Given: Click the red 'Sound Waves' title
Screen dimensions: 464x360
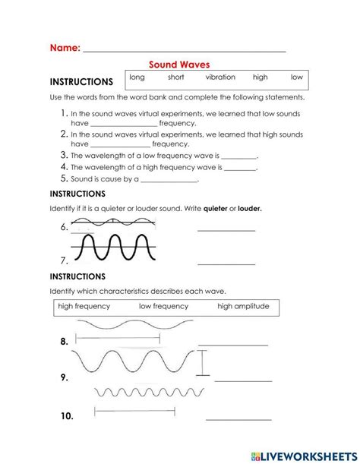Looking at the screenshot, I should click(x=178, y=65).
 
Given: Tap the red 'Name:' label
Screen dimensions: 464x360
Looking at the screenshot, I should click(x=65, y=47).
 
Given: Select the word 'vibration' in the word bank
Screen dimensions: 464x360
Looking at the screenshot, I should click(x=220, y=77).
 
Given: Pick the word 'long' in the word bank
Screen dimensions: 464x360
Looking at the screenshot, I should click(x=137, y=77).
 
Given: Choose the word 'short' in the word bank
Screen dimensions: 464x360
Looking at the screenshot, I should click(x=175, y=77).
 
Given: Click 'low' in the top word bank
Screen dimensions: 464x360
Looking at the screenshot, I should click(x=296, y=77).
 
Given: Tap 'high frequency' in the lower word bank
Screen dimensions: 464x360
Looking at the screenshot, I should click(x=84, y=306).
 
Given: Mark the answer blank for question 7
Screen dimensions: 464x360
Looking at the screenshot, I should click(x=226, y=263).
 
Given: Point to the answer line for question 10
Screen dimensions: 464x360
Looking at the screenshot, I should click(x=238, y=418).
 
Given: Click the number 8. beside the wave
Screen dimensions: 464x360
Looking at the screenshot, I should click(x=65, y=342).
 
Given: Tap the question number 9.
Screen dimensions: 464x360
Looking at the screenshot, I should click(x=65, y=377).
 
